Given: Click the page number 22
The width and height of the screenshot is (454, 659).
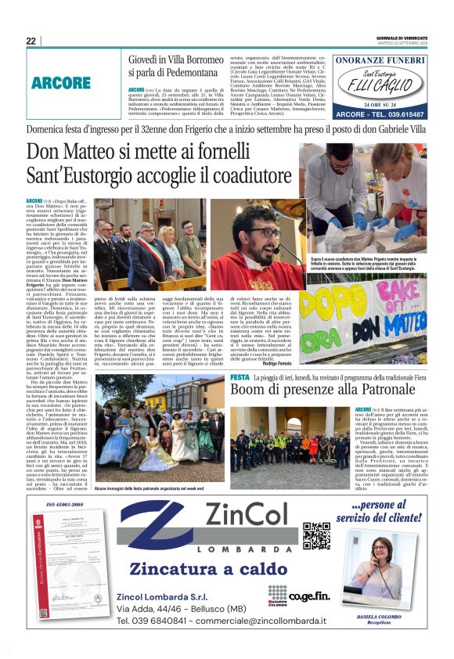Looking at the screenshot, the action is [31, 41].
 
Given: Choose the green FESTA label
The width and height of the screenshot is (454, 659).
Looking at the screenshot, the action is [240, 379].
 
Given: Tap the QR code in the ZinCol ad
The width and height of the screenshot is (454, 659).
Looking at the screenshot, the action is [315, 536].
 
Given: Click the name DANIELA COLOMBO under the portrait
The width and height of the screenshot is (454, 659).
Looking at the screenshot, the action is [379, 616].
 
